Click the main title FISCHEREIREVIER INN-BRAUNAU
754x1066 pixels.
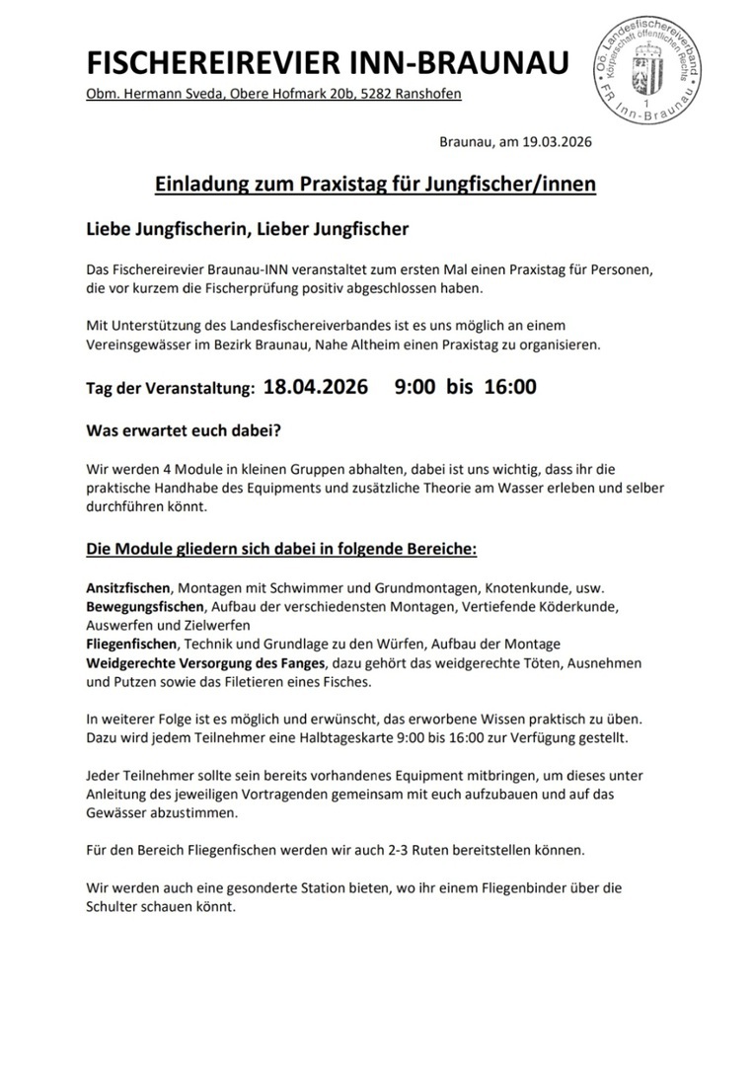pyautogui.click(x=328, y=63)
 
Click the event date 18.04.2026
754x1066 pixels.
pyautogui.click(x=315, y=386)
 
